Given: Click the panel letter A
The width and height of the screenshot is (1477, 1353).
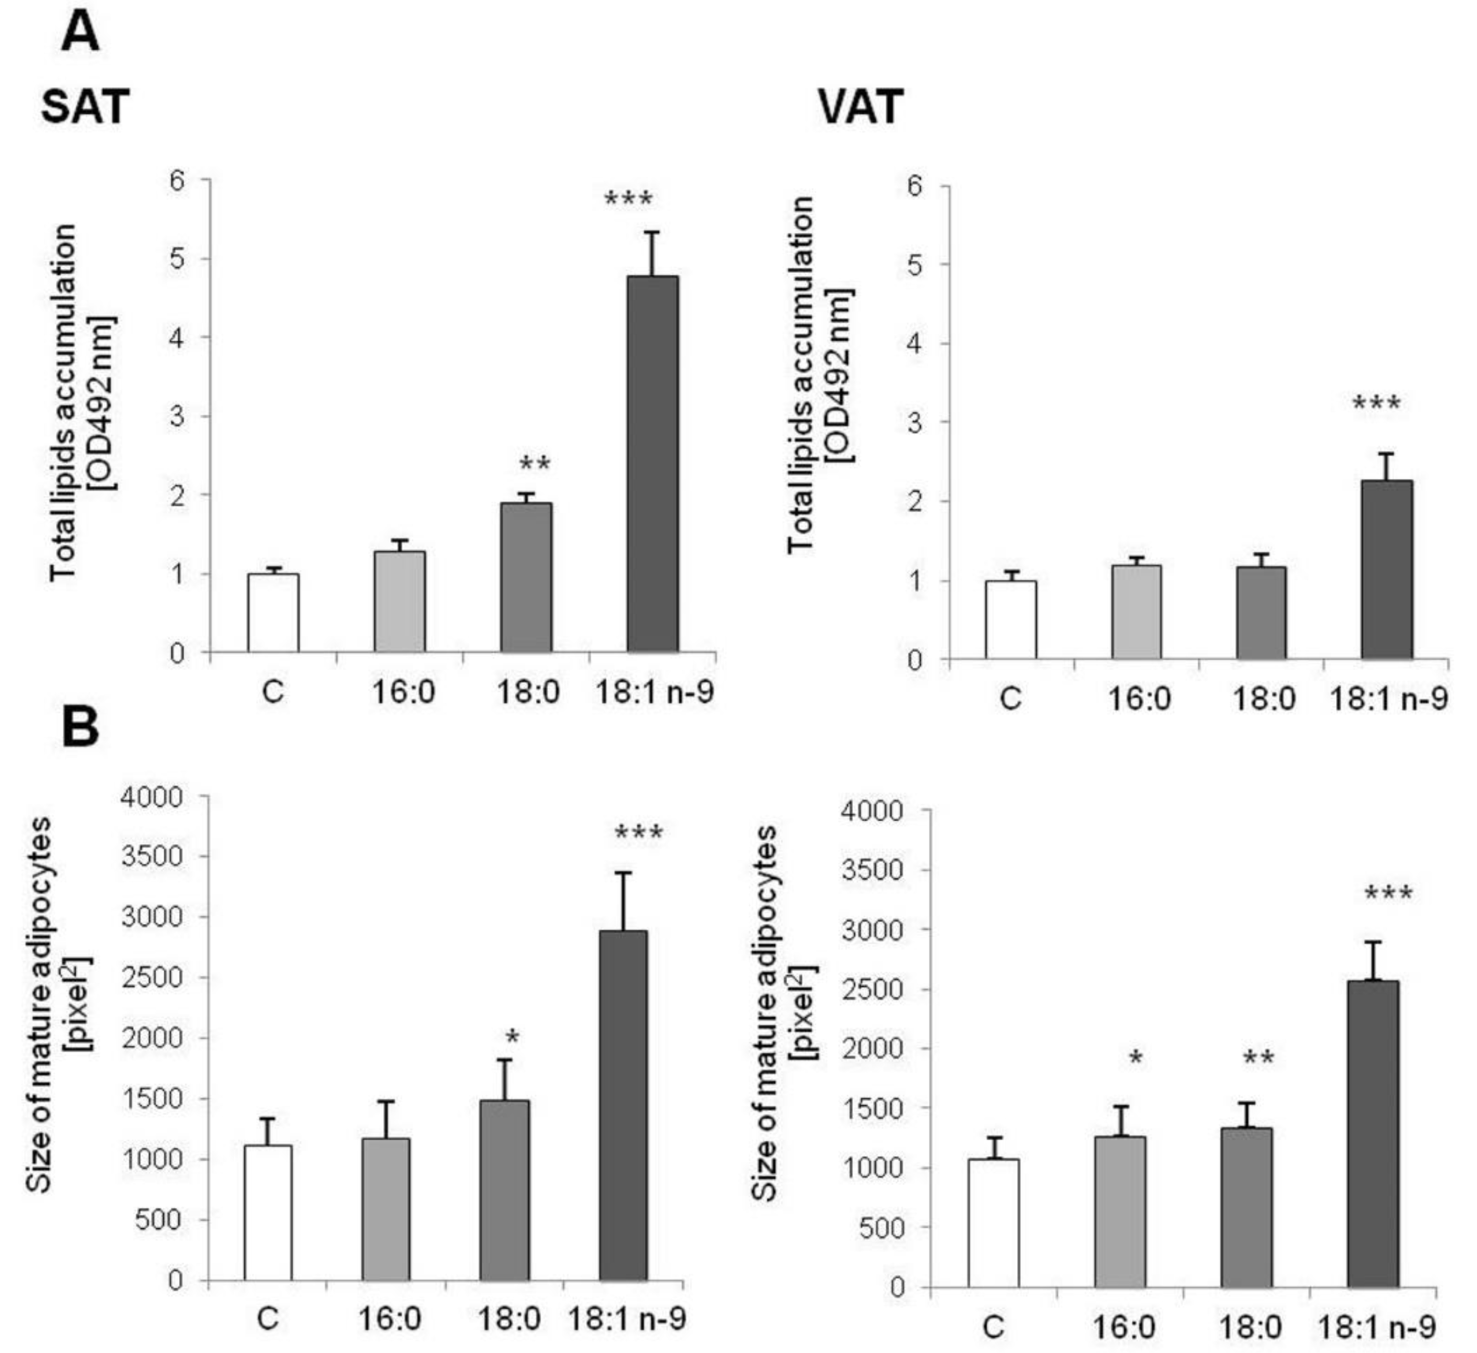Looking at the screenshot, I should point(81,34).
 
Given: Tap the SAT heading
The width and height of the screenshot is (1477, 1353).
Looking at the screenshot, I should point(85,106).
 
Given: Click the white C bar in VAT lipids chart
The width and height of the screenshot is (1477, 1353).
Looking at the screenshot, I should point(1010,620).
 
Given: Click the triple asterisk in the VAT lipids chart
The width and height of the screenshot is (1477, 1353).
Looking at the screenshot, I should point(1376,403).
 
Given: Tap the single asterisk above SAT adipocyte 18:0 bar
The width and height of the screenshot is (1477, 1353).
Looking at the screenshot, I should point(512,1037).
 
